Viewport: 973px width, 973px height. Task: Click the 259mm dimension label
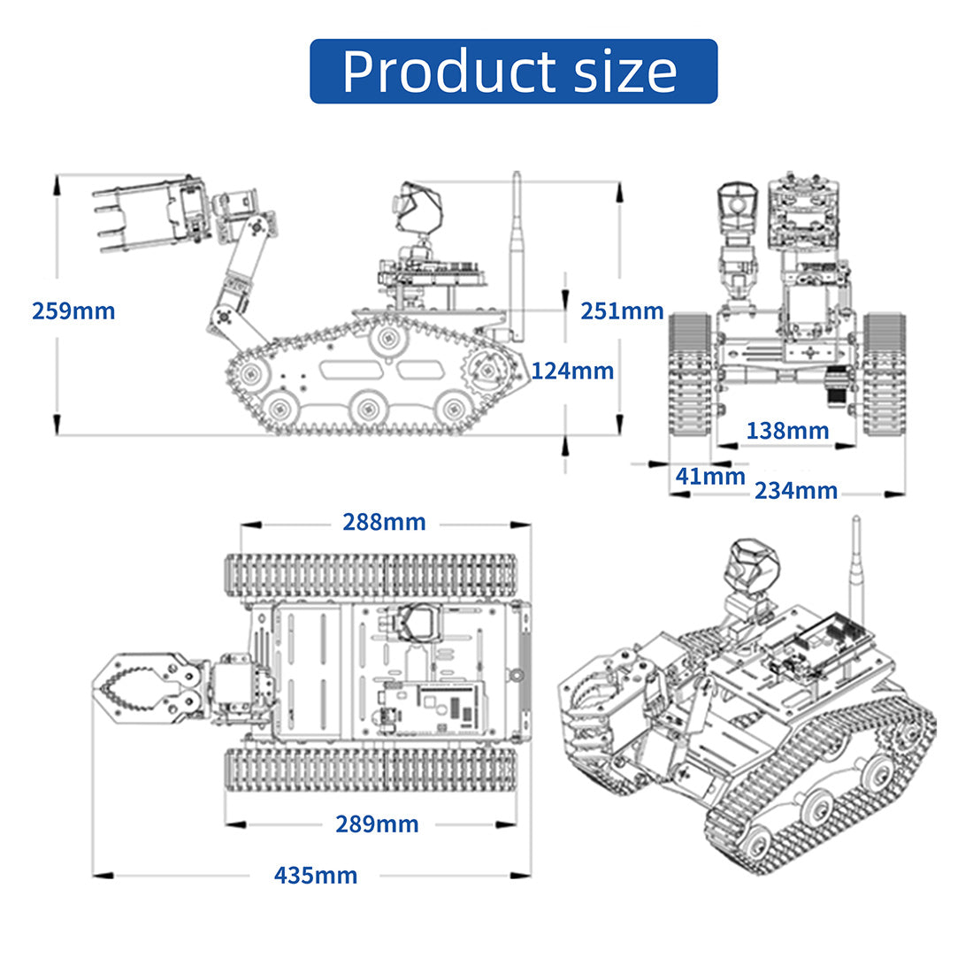coord(73,310)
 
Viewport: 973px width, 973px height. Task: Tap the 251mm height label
coord(622,310)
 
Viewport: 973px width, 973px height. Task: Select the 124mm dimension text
coord(572,372)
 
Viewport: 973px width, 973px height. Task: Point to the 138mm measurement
coord(787,431)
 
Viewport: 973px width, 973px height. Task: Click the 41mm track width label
coord(710,477)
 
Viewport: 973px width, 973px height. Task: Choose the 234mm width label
coord(796,491)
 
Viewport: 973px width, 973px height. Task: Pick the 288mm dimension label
coord(384,523)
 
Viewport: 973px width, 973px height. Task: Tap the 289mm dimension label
coord(377,824)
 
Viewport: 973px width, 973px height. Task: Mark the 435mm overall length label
coord(316,876)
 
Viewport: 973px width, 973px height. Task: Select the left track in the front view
coord(689,373)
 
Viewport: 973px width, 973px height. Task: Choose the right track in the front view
coord(885,373)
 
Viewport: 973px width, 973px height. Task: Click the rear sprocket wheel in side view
coord(487,371)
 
